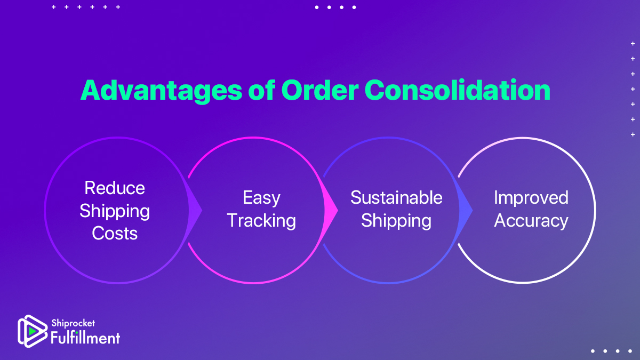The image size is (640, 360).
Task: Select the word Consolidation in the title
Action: [457, 91]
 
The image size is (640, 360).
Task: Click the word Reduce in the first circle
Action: [115, 188]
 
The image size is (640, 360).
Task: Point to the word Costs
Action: [115, 233]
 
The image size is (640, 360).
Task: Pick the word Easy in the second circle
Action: [261, 198]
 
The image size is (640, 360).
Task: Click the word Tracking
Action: [261, 221]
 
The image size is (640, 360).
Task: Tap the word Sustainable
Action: [396, 198]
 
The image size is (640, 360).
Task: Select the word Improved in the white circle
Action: [531, 198]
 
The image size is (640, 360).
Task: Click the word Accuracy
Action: [531, 221]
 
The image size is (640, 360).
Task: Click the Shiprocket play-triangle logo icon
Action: [32, 331]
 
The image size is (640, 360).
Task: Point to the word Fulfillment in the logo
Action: [85, 338]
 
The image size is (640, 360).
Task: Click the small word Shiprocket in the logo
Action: [73, 323]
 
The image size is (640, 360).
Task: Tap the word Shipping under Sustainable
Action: [396, 221]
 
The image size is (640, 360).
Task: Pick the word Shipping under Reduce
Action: [115, 211]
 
